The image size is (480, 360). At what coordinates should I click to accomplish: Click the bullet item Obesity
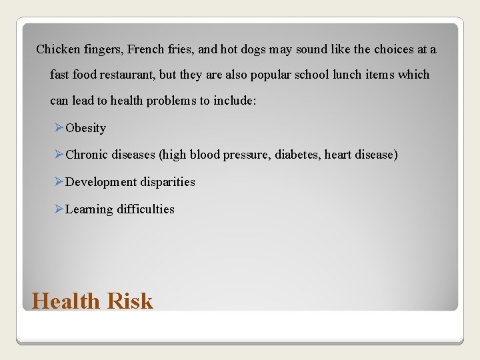coord(86,128)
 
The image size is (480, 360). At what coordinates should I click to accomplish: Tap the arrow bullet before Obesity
coord(59,127)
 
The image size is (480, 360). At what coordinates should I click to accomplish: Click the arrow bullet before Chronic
coord(59,155)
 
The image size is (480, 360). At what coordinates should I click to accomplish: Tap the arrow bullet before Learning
coord(59,209)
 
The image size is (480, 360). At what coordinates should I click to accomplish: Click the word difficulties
coord(145,209)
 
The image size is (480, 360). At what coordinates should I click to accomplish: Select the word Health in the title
coord(65,301)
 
